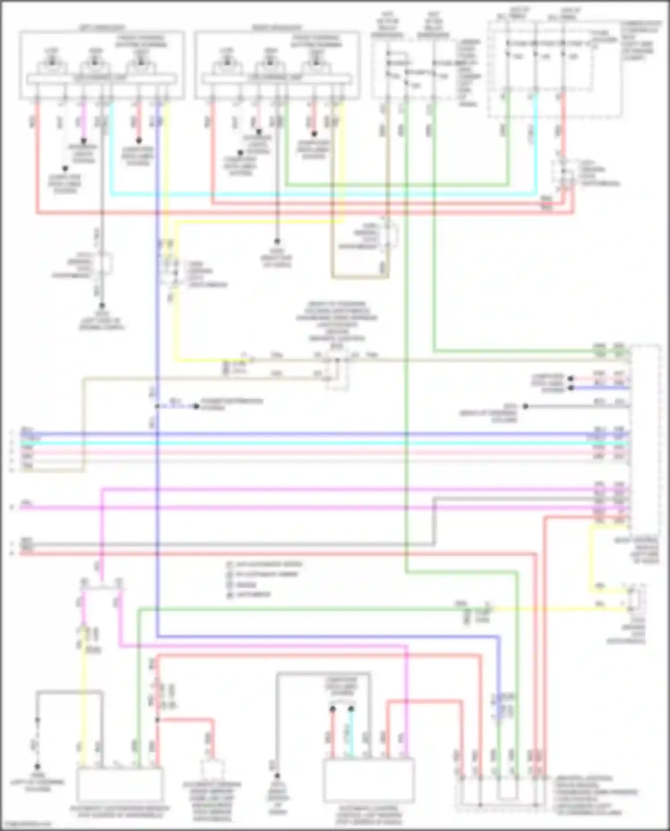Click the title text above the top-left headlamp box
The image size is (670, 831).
(102, 28)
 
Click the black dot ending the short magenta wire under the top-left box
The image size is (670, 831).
(83, 141)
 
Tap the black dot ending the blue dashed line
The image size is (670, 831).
(196, 406)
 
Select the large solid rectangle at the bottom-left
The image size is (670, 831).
(120, 786)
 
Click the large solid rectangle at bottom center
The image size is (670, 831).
(369, 781)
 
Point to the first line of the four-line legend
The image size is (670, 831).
(264, 564)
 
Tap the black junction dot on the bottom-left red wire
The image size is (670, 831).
(157, 720)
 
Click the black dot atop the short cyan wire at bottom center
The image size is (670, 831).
(351, 709)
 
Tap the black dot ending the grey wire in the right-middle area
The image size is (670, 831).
(526, 406)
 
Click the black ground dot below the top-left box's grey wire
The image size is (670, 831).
(102, 306)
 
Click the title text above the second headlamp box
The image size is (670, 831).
(277, 28)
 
